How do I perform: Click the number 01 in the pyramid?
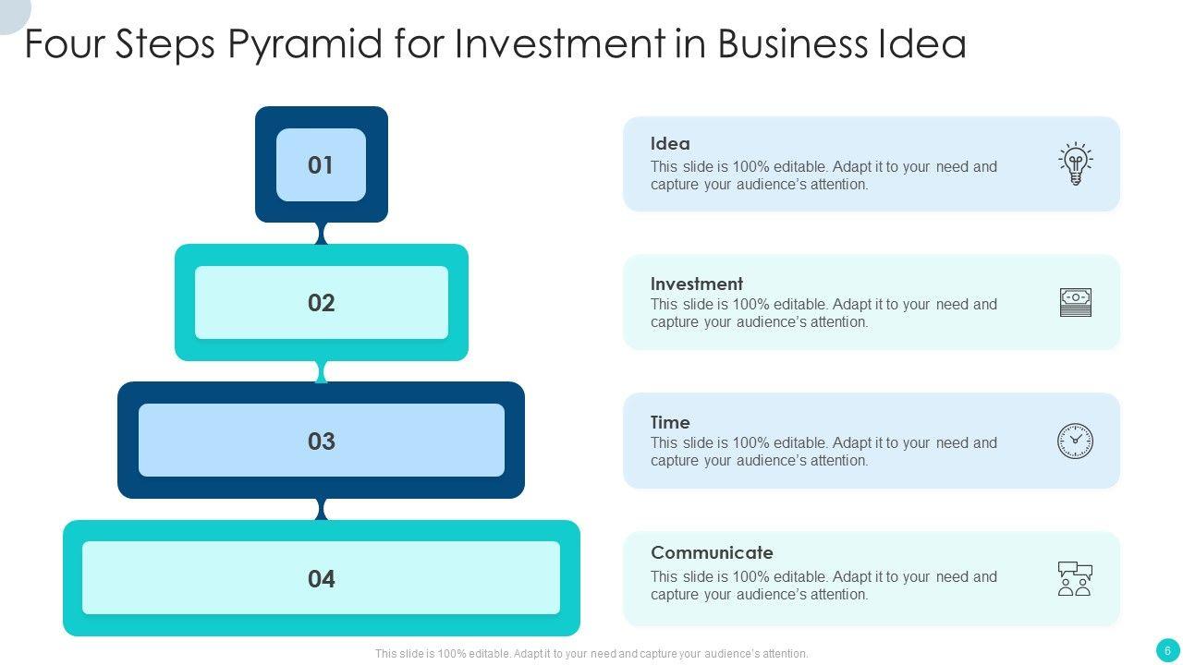321,165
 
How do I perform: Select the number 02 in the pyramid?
321,303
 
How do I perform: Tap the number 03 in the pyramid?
321,441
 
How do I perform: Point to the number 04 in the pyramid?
321,579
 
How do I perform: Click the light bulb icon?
1075,164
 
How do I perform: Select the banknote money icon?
1075,302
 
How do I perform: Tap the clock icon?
1075,441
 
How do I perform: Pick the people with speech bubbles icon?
1075,578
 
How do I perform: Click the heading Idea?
670,144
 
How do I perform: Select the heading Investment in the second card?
696,284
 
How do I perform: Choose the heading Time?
670,422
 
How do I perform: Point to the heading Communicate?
712,552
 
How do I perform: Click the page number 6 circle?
1167,650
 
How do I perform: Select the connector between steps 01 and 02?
322,234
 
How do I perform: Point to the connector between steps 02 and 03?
322,371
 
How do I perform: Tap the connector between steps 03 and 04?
322,509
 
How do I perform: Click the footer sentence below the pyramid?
591,654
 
